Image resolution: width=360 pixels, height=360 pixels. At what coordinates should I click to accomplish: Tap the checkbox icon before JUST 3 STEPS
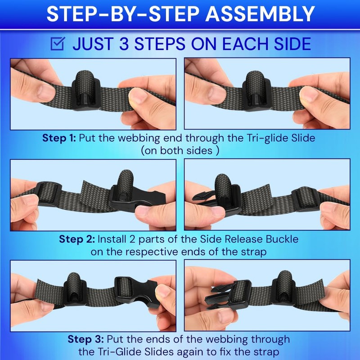click(57, 44)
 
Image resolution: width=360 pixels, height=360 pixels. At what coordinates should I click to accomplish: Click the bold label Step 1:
click(59, 138)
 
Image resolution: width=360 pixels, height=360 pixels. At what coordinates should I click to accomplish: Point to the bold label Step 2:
click(76, 238)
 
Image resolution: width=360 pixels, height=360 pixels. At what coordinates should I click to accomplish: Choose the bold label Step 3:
click(85, 338)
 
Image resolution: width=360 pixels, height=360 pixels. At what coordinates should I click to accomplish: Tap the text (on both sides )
click(180, 150)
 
